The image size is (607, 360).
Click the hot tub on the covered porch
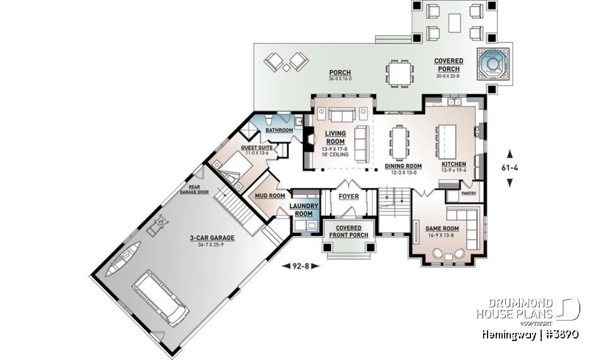(x=493, y=63)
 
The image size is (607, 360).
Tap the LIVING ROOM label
(x=335, y=137)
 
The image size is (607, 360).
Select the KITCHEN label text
(x=454, y=164)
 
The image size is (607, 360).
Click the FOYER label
(x=348, y=197)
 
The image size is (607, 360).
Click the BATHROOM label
(x=279, y=130)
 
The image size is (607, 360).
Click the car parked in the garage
(x=161, y=296)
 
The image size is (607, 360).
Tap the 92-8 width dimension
(x=299, y=266)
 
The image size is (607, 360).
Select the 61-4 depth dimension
(x=510, y=168)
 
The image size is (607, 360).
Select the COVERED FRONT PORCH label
(x=348, y=232)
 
